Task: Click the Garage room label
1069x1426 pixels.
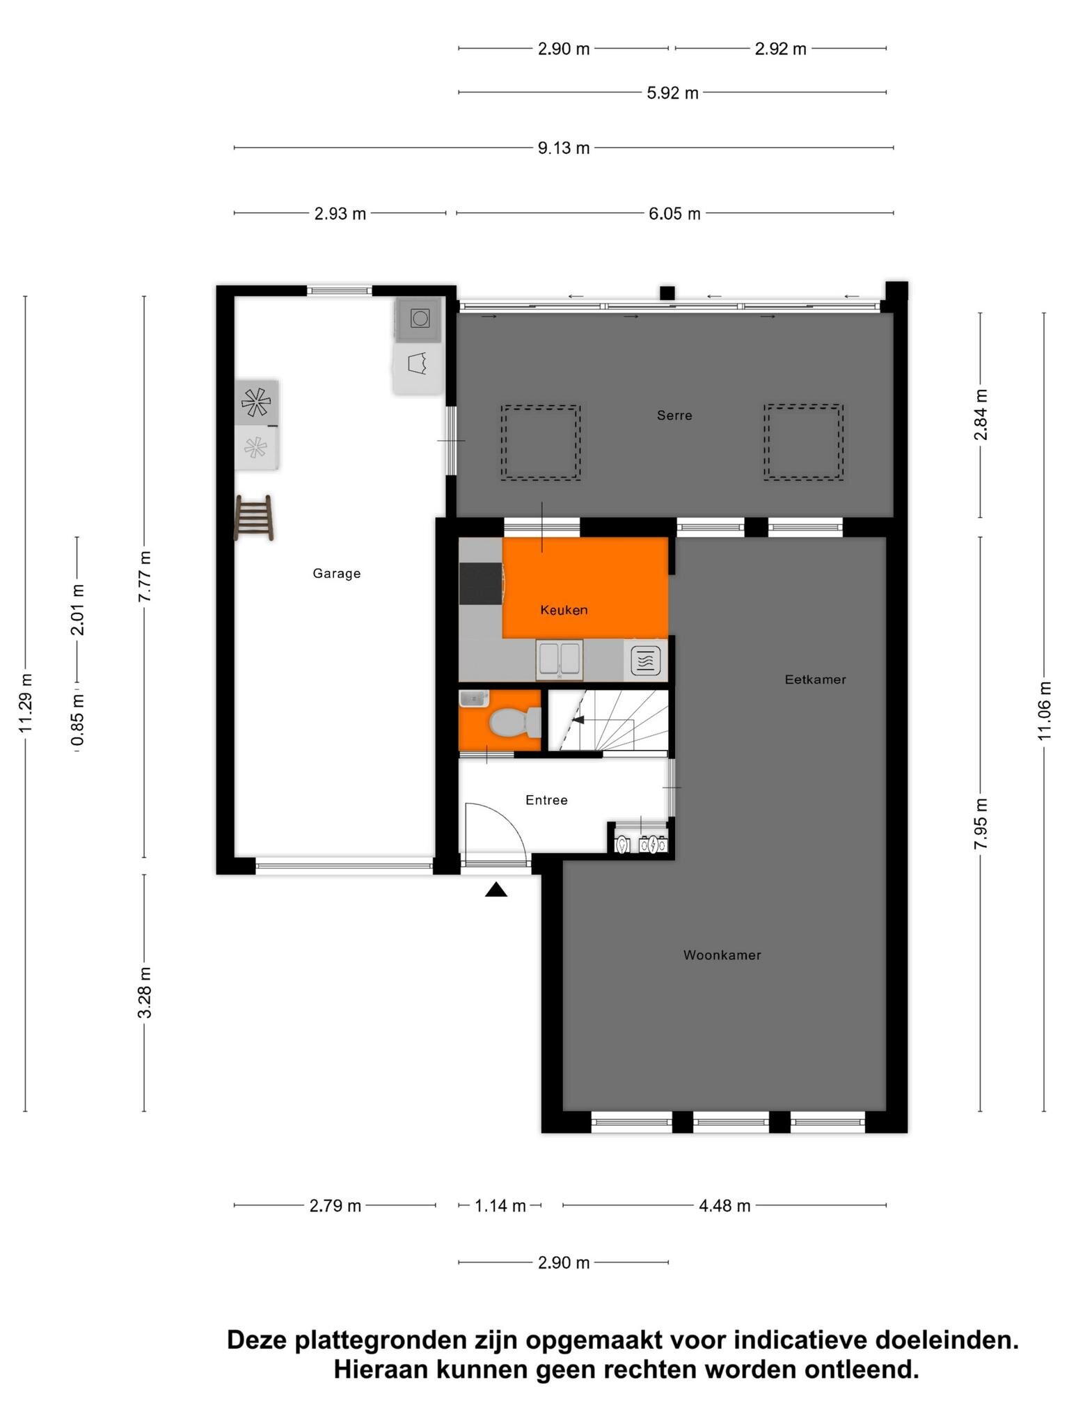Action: click(336, 574)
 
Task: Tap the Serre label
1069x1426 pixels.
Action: click(674, 416)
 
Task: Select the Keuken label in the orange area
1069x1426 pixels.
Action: click(564, 610)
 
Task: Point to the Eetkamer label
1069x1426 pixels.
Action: click(815, 680)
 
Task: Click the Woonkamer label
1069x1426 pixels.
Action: click(722, 955)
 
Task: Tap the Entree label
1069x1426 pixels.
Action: click(546, 800)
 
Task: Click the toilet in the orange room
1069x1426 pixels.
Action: click(514, 723)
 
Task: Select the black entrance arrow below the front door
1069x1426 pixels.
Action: click(496, 889)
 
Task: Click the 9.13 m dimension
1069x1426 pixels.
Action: click(563, 148)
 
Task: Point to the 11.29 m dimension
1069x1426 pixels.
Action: click(26, 703)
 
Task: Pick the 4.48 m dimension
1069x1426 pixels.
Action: click(724, 1206)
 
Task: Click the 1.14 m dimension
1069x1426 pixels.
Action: click(500, 1206)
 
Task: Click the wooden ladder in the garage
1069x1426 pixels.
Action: click(254, 517)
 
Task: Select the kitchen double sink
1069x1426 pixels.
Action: click(560, 659)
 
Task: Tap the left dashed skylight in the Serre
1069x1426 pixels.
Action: click(540, 442)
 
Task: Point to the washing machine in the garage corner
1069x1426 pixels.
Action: click(418, 320)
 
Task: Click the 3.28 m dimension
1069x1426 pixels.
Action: click(144, 992)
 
